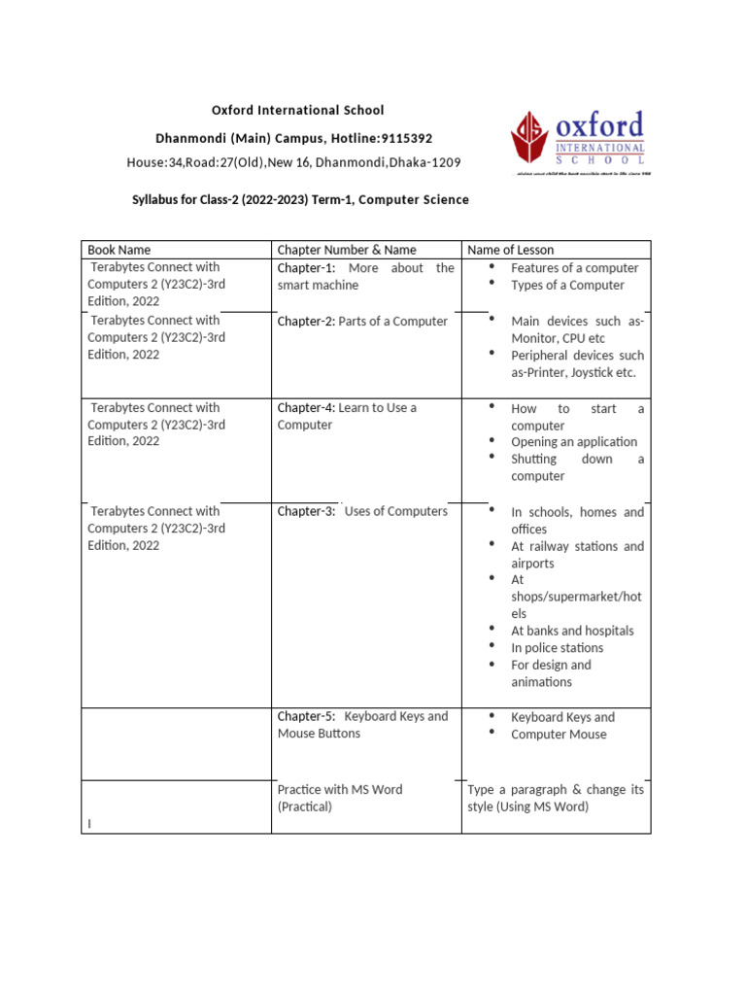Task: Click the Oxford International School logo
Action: [579, 144]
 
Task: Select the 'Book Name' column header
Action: [119, 250]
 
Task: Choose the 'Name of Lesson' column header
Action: [511, 250]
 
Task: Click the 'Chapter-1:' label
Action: [306, 268]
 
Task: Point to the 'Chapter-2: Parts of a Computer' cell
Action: [362, 322]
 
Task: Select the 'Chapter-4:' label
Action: [306, 408]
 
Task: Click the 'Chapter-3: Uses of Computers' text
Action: [362, 511]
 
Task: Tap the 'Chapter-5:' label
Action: [306, 716]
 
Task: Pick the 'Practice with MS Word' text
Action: [339, 790]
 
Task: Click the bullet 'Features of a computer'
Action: [574, 268]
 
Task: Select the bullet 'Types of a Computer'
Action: [567, 286]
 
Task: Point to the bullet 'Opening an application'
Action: [574, 442]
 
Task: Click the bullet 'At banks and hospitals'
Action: [572, 631]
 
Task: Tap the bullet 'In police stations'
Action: [557, 648]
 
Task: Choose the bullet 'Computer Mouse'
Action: [559, 735]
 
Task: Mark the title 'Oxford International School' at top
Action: [298, 111]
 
